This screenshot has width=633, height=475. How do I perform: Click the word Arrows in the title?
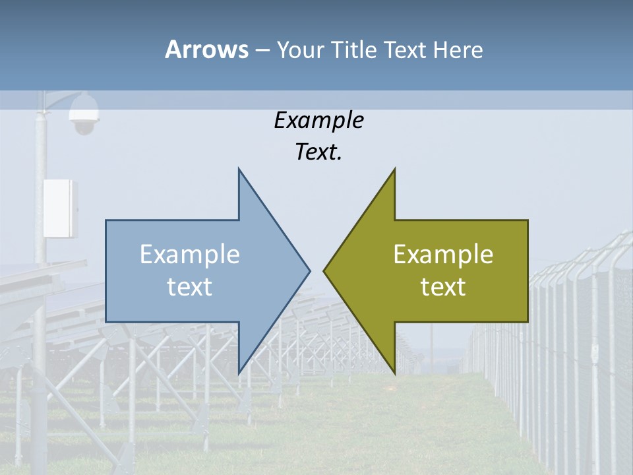tap(206, 49)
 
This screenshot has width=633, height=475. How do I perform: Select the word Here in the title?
tap(458, 49)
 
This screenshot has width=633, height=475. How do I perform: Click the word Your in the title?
tap(302, 49)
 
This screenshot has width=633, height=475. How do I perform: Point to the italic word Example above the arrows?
tap(318, 120)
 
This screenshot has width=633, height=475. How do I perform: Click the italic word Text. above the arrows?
tap(318, 152)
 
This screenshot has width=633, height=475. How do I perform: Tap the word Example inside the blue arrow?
tap(190, 255)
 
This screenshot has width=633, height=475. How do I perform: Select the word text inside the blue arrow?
tap(190, 286)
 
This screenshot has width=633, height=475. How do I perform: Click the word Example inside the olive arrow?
tap(443, 255)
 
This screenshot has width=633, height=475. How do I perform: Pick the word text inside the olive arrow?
tap(443, 286)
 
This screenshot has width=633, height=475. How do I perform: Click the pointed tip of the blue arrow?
tap(309, 270)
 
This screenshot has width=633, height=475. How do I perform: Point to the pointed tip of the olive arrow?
tap(324, 270)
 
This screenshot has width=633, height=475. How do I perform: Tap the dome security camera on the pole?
tap(84, 113)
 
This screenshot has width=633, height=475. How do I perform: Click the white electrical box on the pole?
tap(60, 208)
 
